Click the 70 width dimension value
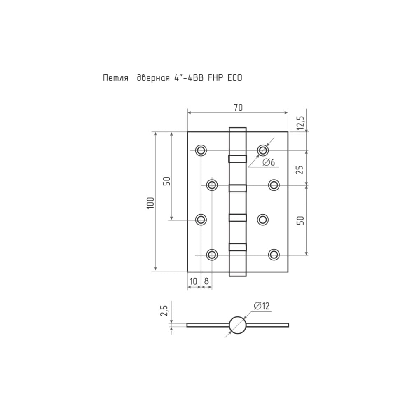(238, 108)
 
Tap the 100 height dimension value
(150, 203)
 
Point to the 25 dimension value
(300, 170)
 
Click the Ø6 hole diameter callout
(269, 162)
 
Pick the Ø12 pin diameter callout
(262, 306)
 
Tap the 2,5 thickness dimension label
(164, 310)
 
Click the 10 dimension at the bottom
(193, 281)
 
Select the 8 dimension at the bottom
(206, 281)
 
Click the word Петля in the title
(116, 78)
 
